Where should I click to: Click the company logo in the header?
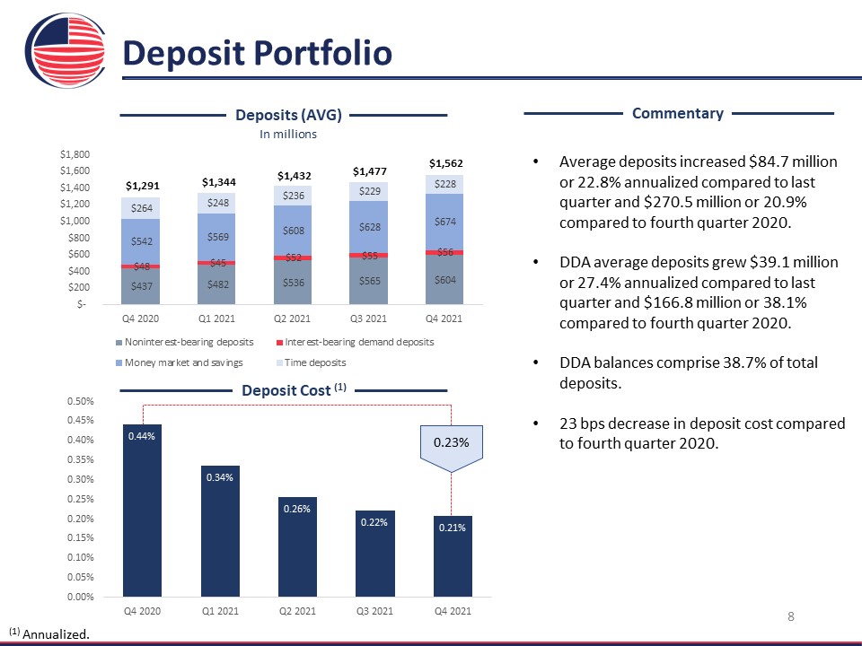click(x=66, y=50)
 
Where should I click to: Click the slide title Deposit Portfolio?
click(x=258, y=53)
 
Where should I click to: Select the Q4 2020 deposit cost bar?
click(x=142, y=511)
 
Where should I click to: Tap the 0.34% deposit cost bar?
click(x=220, y=530)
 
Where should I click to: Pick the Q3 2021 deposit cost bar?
click(x=375, y=554)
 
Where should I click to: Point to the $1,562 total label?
click(x=446, y=163)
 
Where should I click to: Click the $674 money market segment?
click(x=444, y=222)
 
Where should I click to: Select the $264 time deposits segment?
click(x=141, y=208)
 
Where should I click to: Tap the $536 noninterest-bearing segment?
click(x=293, y=283)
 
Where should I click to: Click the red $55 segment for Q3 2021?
click(x=368, y=256)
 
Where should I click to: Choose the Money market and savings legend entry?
click(x=180, y=362)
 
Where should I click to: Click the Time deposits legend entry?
click(x=312, y=362)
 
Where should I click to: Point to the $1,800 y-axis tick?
click(x=75, y=154)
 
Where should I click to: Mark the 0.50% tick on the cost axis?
click(x=80, y=401)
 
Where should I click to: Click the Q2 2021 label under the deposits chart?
click(x=292, y=319)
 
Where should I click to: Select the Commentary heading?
click(x=678, y=113)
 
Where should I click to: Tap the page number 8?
click(x=791, y=616)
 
